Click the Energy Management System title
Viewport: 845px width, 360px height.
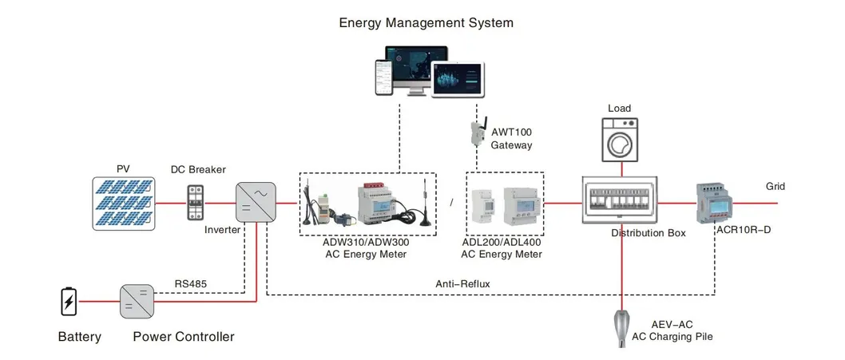(x=426, y=22)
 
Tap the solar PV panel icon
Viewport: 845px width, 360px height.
(x=123, y=203)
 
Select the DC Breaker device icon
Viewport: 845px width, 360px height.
(x=195, y=203)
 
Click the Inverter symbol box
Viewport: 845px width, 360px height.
(x=256, y=202)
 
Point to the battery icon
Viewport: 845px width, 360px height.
(x=69, y=302)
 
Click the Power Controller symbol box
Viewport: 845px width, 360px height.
(x=137, y=302)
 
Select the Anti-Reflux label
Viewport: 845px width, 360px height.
(x=462, y=283)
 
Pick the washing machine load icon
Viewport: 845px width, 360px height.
(x=619, y=141)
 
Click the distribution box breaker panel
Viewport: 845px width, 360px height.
(x=619, y=201)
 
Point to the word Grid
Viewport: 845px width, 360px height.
(x=776, y=187)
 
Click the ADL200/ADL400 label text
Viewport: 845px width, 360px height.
(x=501, y=242)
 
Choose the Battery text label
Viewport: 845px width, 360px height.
(x=80, y=337)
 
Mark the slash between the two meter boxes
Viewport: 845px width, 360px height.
(x=450, y=203)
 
